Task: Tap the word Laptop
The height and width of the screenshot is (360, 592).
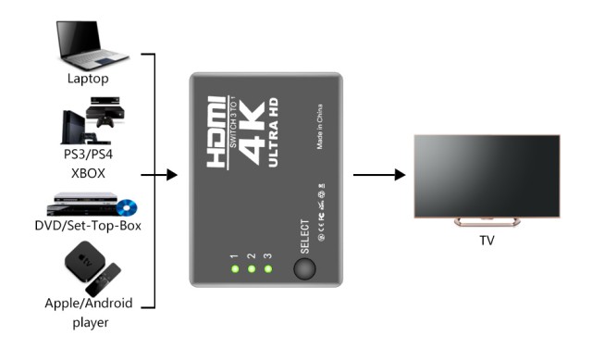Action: click(x=88, y=79)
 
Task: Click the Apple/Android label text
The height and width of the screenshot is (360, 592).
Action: click(x=89, y=303)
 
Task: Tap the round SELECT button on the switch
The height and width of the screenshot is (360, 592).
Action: click(x=302, y=268)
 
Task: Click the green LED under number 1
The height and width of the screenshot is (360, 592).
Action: click(x=235, y=269)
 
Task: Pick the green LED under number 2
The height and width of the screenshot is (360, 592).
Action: click(x=252, y=269)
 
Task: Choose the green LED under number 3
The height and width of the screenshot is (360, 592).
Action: click(x=268, y=269)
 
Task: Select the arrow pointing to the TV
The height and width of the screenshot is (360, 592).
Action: click(x=379, y=175)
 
